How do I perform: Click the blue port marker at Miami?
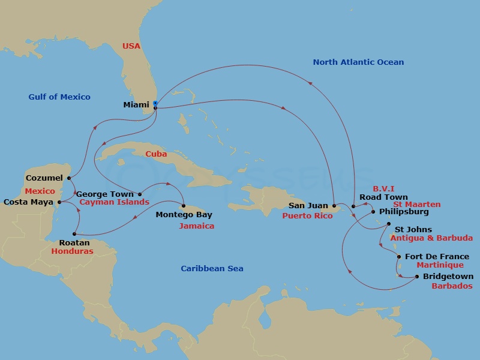tap(155, 103)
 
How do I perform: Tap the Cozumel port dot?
tap(70, 178)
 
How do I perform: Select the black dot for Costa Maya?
tap(59, 202)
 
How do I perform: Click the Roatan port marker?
tap(74, 234)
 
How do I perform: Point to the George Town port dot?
tap(140, 194)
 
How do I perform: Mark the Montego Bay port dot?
tap(184, 206)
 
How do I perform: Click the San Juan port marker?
tap(334, 206)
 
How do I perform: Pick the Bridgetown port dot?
tap(417, 277)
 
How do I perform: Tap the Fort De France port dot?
tap(399, 257)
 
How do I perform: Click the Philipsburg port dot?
tap(373, 212)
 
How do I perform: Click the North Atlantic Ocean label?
tap(358, 62)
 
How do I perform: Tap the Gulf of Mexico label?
tap(59, 97)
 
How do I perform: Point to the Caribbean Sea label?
tap(212, 268)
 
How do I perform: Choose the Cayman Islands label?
tap(114, 202)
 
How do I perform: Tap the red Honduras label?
tap(72, 251)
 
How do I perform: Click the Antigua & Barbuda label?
tap(431, 238)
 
